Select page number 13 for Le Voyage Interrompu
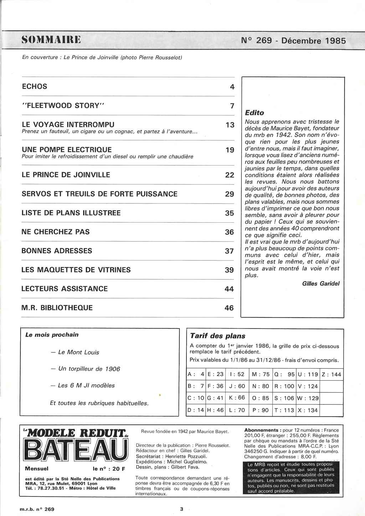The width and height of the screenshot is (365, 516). (230, 125)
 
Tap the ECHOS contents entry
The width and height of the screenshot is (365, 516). (35, 87)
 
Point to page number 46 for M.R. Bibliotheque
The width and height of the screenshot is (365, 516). (229, 308)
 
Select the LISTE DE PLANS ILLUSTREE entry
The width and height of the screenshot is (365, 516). (71, 213)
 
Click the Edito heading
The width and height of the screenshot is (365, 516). (255, 113)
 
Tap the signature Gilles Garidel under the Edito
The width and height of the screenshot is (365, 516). (321, 284)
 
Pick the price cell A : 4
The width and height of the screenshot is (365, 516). (196, 374)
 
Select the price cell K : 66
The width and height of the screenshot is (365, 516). (237, 398)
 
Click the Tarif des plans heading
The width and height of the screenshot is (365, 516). (218, 336)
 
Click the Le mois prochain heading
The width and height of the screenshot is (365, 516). (52, 335)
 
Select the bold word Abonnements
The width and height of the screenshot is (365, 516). (261, 430)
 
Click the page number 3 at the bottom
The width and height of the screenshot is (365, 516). (181, 509)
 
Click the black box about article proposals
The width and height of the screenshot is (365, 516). (291, 478)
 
